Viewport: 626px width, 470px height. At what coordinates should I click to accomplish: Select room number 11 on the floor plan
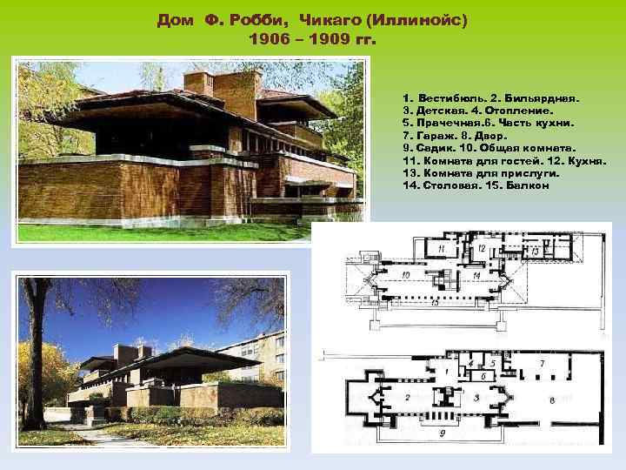(x=443, y=249)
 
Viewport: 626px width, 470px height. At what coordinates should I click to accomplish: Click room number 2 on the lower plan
(x=407, y=397)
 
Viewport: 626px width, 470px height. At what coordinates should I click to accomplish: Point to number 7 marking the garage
(x=543, y=361)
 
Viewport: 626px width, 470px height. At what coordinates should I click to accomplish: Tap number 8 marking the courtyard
(x=553, y=400)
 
